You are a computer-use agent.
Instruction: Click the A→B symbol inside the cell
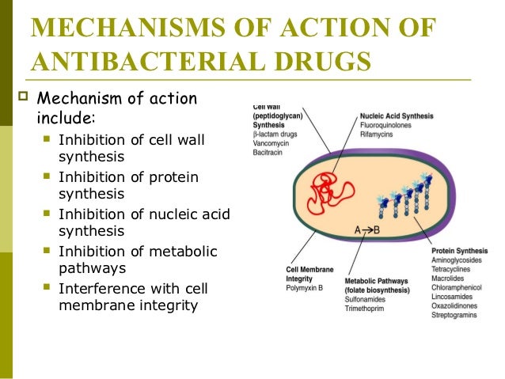pyautogui.click(x=367, y=230)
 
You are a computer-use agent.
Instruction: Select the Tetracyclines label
pyautogui.click(x=454, y=270)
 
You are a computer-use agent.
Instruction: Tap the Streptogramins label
pyautogui.click(x=458, y=316)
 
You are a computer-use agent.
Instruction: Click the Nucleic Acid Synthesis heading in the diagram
pyautogui.click(x=397, y=116)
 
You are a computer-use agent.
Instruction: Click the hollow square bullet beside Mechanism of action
pyautogui.click(x=23, y=100)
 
